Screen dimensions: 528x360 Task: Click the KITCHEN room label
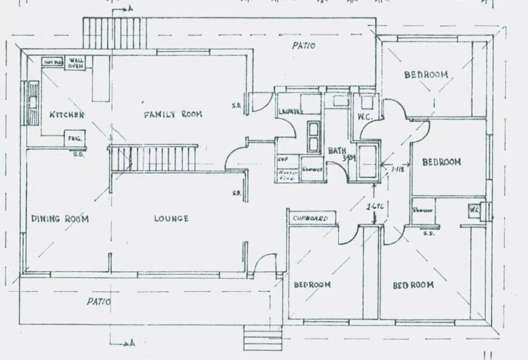[67, 115]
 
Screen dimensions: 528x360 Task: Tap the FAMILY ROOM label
[173, 114]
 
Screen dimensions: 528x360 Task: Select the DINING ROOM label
[60, 219]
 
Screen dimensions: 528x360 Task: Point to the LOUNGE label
[171, 218]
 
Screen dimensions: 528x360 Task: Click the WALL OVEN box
[76, 64]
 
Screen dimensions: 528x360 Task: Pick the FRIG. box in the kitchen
[75, 138]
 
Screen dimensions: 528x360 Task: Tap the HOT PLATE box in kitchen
[53, 62]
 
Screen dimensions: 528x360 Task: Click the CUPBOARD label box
[311, 218]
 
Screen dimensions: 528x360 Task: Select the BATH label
[337, 151]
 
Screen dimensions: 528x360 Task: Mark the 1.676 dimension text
[374, 207]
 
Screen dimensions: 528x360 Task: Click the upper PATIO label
[304, 46]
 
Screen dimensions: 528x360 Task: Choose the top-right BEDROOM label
[426, 75]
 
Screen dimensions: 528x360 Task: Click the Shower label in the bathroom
[312, 169]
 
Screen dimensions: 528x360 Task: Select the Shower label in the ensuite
[422, 210]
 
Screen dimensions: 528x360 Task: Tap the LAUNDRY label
[291, 112]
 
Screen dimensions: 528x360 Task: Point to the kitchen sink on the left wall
[33, 102]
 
